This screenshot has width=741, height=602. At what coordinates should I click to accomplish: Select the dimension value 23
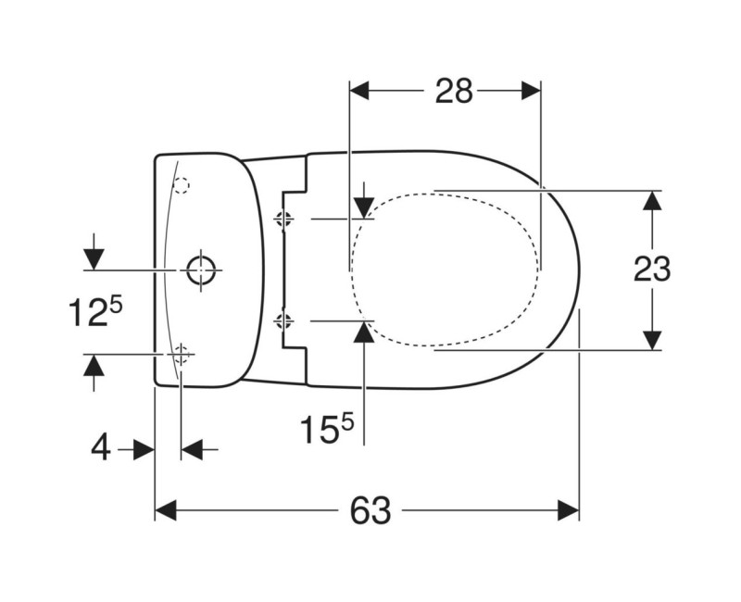click(652, 270)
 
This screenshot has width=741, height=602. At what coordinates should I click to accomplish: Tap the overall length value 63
click(370, 509)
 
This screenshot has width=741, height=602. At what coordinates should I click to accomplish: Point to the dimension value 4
click(101, 449)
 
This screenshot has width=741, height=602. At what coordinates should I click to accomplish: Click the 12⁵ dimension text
click(94, 312)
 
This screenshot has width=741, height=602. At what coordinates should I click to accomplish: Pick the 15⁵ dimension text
click(326, 428)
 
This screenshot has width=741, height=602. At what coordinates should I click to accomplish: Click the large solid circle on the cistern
click(201, 270)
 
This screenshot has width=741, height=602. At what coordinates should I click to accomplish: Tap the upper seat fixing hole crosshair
click(285, 219)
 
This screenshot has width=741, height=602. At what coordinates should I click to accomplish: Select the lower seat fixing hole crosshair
click(285, 320)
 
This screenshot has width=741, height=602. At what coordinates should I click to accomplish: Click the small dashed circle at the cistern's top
click(182, 186)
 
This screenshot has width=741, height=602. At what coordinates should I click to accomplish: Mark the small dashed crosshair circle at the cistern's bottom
click(182, 353)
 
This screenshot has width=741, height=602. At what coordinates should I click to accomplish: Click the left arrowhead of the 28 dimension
click(359, 91)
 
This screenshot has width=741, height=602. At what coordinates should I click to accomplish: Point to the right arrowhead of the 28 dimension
click(530, 91)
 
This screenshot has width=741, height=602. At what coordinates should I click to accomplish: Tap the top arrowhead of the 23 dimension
click(653, 201)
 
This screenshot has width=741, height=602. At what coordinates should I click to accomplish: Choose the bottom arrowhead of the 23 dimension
click(653, 340)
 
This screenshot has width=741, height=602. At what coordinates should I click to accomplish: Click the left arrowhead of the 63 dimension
click(165, 509)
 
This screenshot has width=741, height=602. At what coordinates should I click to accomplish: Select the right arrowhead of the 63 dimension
click(568, 509)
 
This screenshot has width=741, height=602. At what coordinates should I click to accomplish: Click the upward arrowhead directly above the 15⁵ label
click(364, 331)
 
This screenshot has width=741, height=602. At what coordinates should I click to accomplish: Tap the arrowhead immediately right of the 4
click(191, 449)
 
